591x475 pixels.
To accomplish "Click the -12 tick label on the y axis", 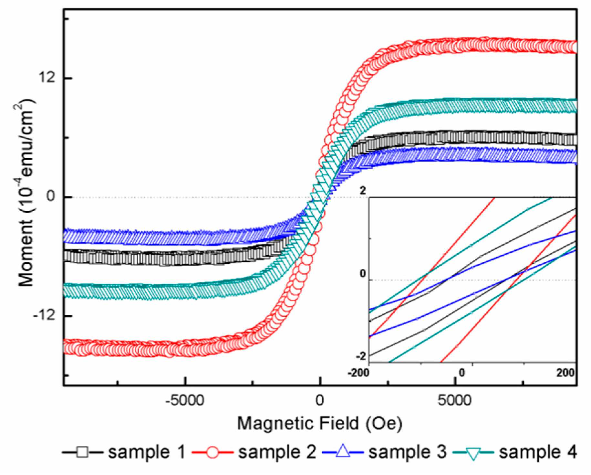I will coord(45,316).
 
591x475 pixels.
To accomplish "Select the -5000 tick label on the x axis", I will coord(185,401).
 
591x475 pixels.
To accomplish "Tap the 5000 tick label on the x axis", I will coord(455,401).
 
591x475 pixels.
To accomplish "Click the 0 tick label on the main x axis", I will coord(319,401).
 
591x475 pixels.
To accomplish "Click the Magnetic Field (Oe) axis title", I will coord(319,423).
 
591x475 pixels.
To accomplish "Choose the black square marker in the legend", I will coord(83,451).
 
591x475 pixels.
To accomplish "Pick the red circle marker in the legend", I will coord(212,452).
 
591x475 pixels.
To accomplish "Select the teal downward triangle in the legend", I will coord(474,453).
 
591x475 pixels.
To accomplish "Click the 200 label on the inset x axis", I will coord(565,373).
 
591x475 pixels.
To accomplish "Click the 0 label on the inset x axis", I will coord(462,373).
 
